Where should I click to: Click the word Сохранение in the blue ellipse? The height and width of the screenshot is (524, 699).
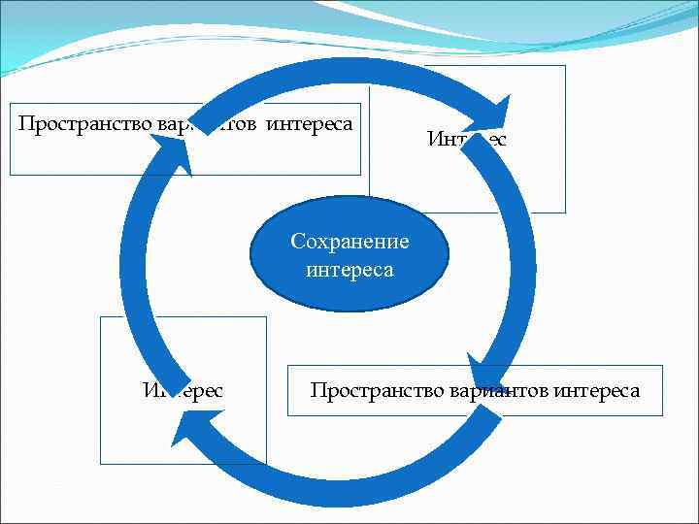349,242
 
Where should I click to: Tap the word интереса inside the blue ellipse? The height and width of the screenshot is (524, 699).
349,270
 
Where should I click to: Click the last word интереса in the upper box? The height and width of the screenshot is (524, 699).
309,124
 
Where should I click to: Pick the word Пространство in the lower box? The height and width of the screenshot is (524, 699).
378,391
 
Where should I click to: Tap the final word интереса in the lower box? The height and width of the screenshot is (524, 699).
597,391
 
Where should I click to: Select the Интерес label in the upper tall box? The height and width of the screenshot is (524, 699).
466,140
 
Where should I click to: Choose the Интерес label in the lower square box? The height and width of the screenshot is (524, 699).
183,391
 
